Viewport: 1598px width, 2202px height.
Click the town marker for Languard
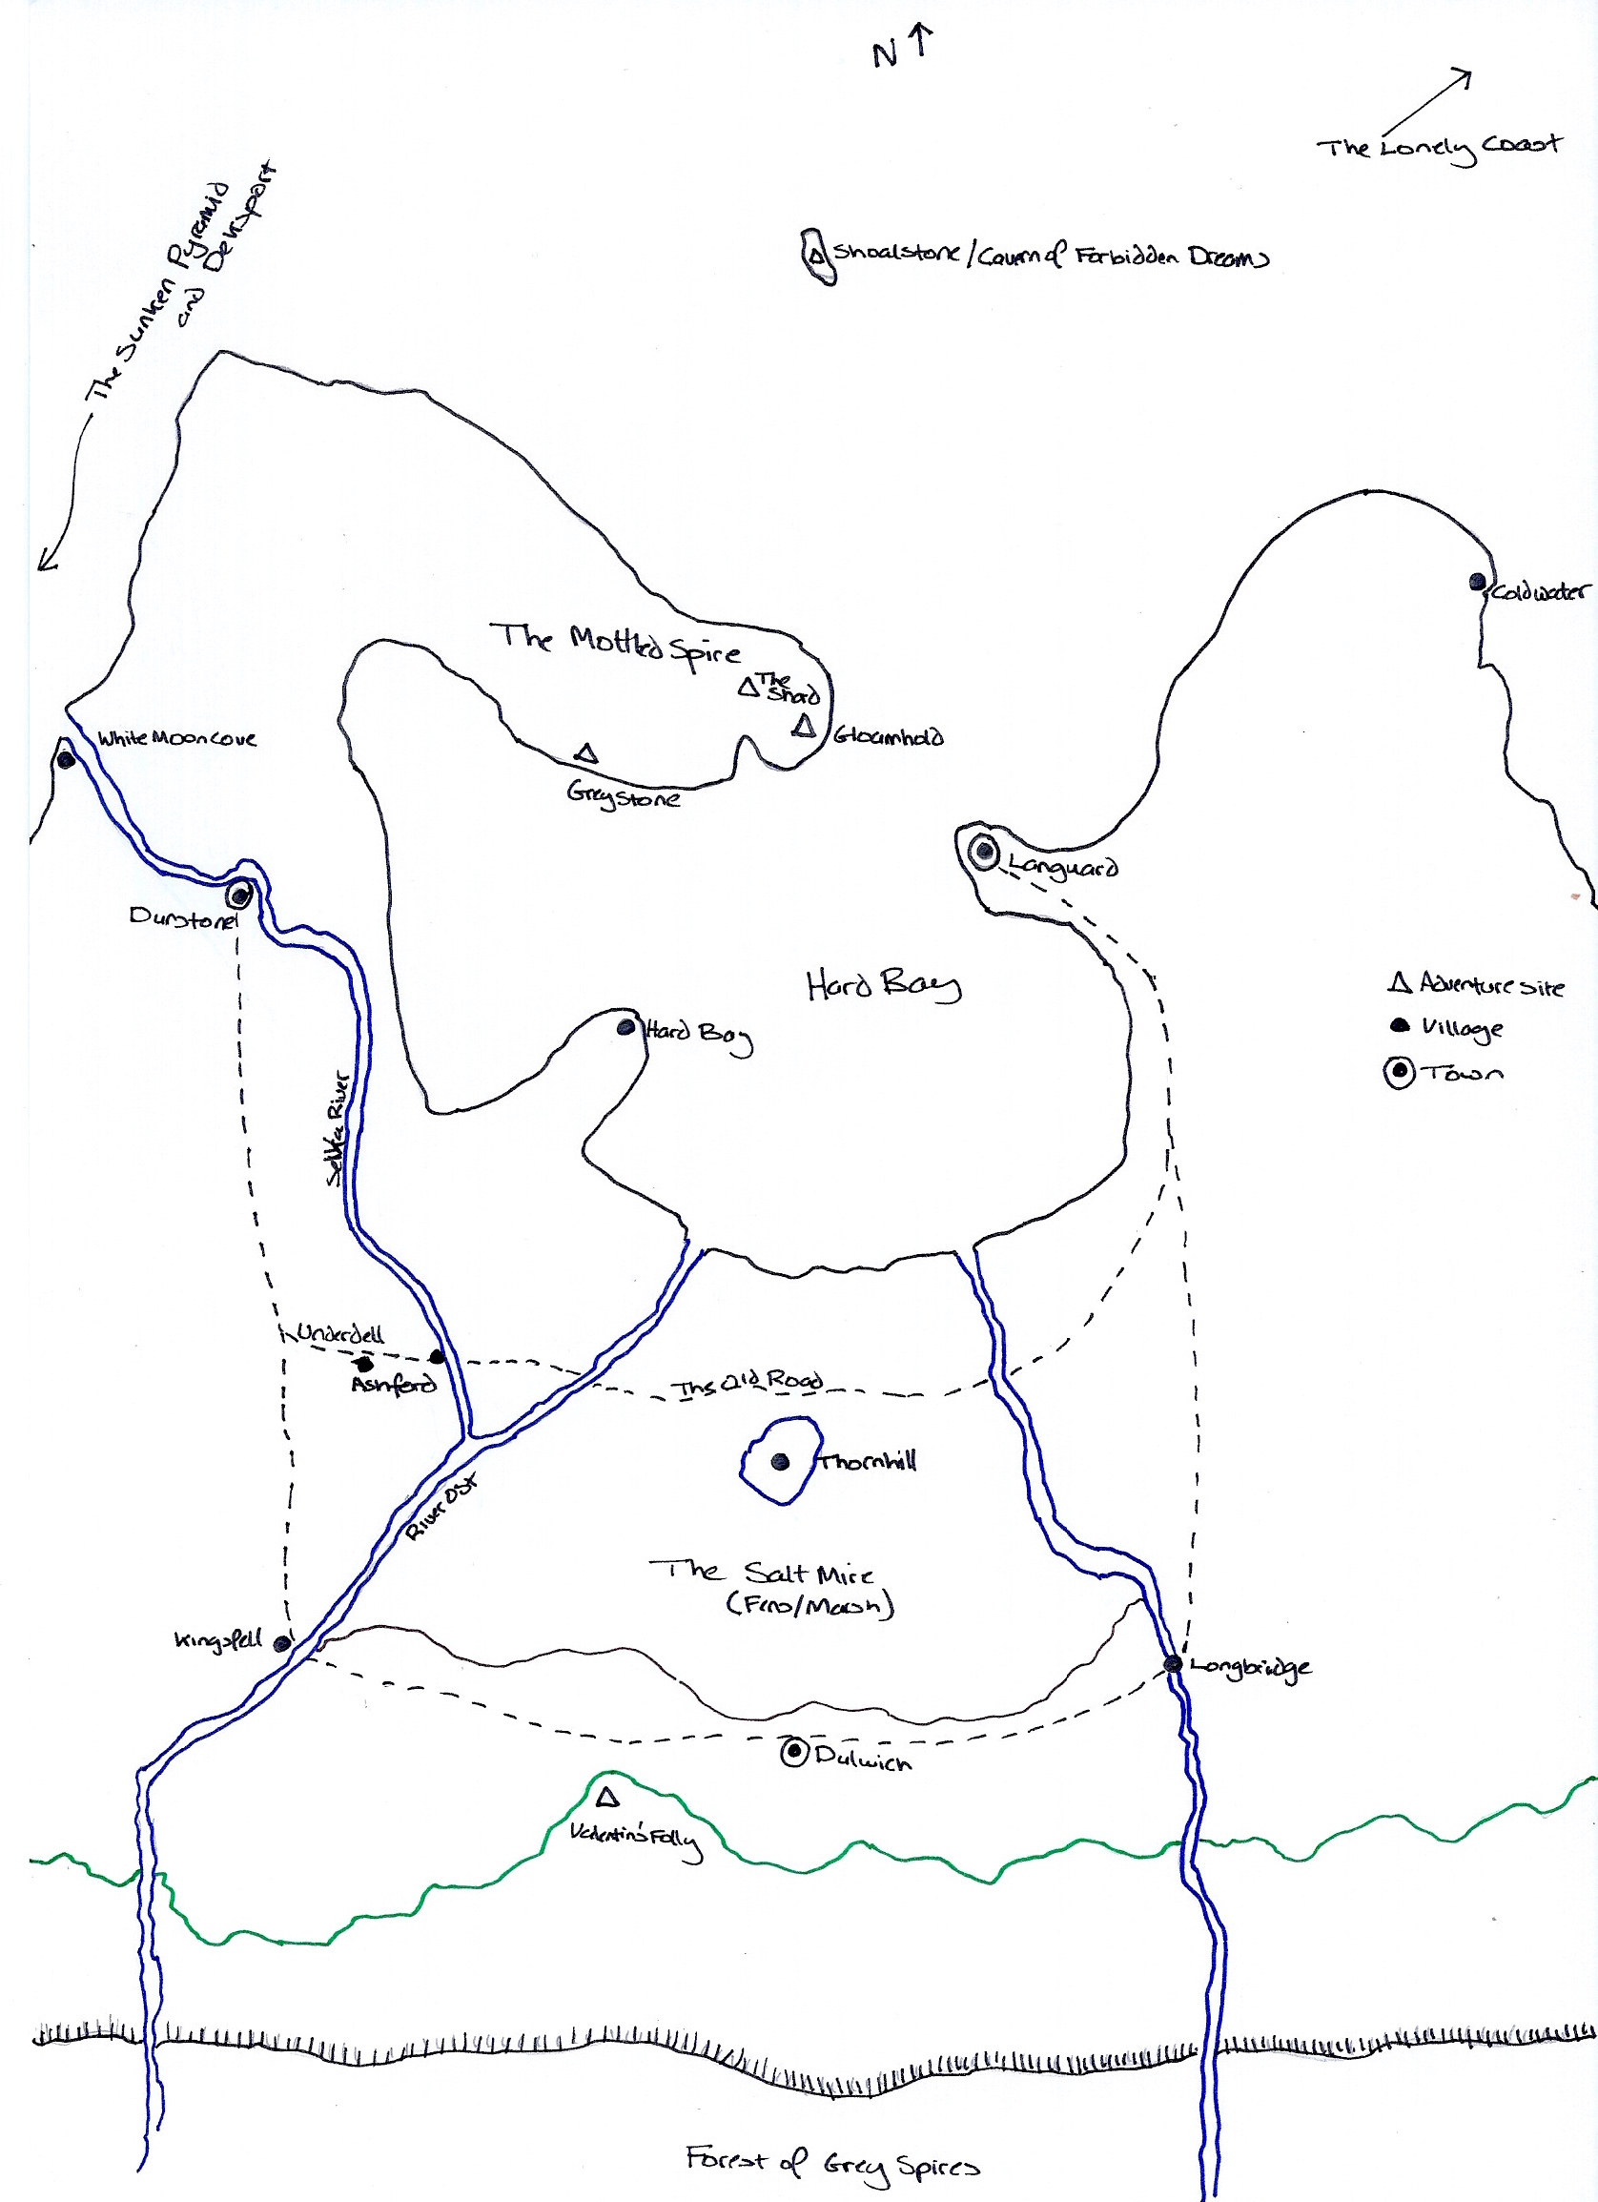984,852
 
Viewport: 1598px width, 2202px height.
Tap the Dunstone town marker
238,895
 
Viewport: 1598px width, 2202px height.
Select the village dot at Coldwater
1478,582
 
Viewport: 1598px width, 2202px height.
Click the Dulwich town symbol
794,1753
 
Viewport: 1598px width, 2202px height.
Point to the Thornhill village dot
780,1461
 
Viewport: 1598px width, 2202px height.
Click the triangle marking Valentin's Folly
607,1797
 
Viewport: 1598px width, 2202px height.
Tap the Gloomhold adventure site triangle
803,727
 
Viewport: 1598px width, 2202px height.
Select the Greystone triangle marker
585,753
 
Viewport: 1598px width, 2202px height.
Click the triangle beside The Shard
748,688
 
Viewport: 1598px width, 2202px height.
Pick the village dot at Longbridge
1173,1664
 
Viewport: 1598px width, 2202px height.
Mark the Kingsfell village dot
281,1644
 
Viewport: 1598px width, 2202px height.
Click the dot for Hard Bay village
626,1026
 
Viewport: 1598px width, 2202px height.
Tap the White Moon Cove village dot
65,759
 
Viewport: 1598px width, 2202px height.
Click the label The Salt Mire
760,1573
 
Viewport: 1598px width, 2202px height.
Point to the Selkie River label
338,1127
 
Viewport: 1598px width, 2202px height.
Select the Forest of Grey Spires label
832,2164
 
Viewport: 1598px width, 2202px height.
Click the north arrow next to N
921,42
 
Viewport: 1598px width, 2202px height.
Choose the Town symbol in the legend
1399,1073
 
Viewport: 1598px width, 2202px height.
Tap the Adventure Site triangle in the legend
1399,983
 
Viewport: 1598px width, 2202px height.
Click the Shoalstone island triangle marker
816,257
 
